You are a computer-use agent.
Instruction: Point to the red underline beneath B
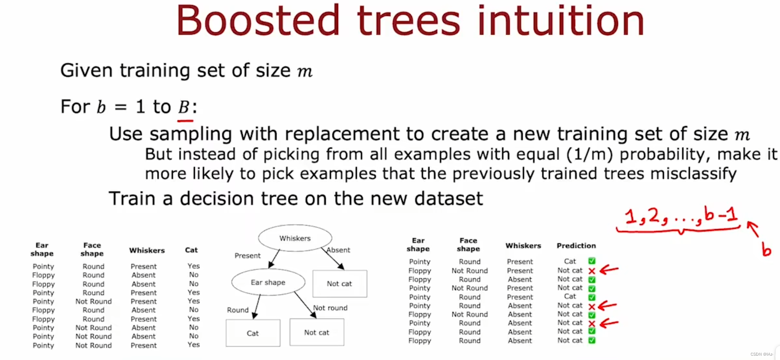(x=185, y=120)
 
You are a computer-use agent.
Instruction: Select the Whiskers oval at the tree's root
(x=295, y=238)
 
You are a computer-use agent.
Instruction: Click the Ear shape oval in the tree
(x=268, y=282)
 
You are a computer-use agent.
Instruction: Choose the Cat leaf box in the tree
(x=253, y=333)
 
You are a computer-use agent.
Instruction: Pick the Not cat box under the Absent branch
(x=339, y=284)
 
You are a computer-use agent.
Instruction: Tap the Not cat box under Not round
(x=317, y=332)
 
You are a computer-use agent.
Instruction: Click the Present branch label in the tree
(x=247, y=256)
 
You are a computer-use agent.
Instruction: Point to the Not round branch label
(x=330, y=308)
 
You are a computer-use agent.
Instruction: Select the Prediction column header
(x=576, y=246)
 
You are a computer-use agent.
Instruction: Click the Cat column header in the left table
(x=191, y=250)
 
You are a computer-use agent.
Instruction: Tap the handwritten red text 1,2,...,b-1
(x=681, y=216)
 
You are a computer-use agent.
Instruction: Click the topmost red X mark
(x=592, y=271)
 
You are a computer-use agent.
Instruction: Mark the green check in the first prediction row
(x=592, y=261)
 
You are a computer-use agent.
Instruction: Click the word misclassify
(x=693, y=174)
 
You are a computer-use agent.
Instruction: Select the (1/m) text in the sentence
(x=590, y=154)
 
